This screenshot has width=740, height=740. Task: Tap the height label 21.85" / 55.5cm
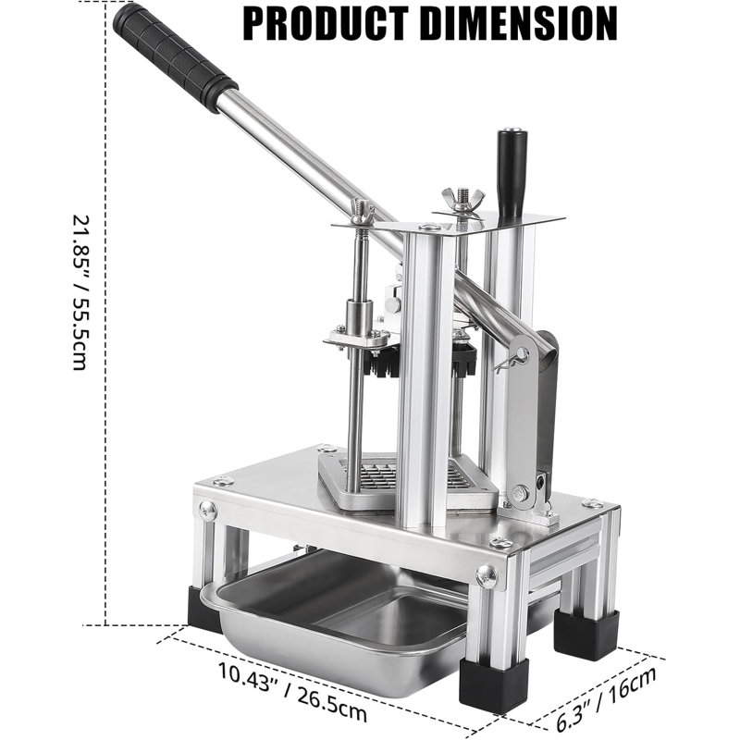click(80, 292)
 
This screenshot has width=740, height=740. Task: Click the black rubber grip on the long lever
click(175, 56)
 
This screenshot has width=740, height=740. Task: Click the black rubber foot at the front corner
click(494, 685)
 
